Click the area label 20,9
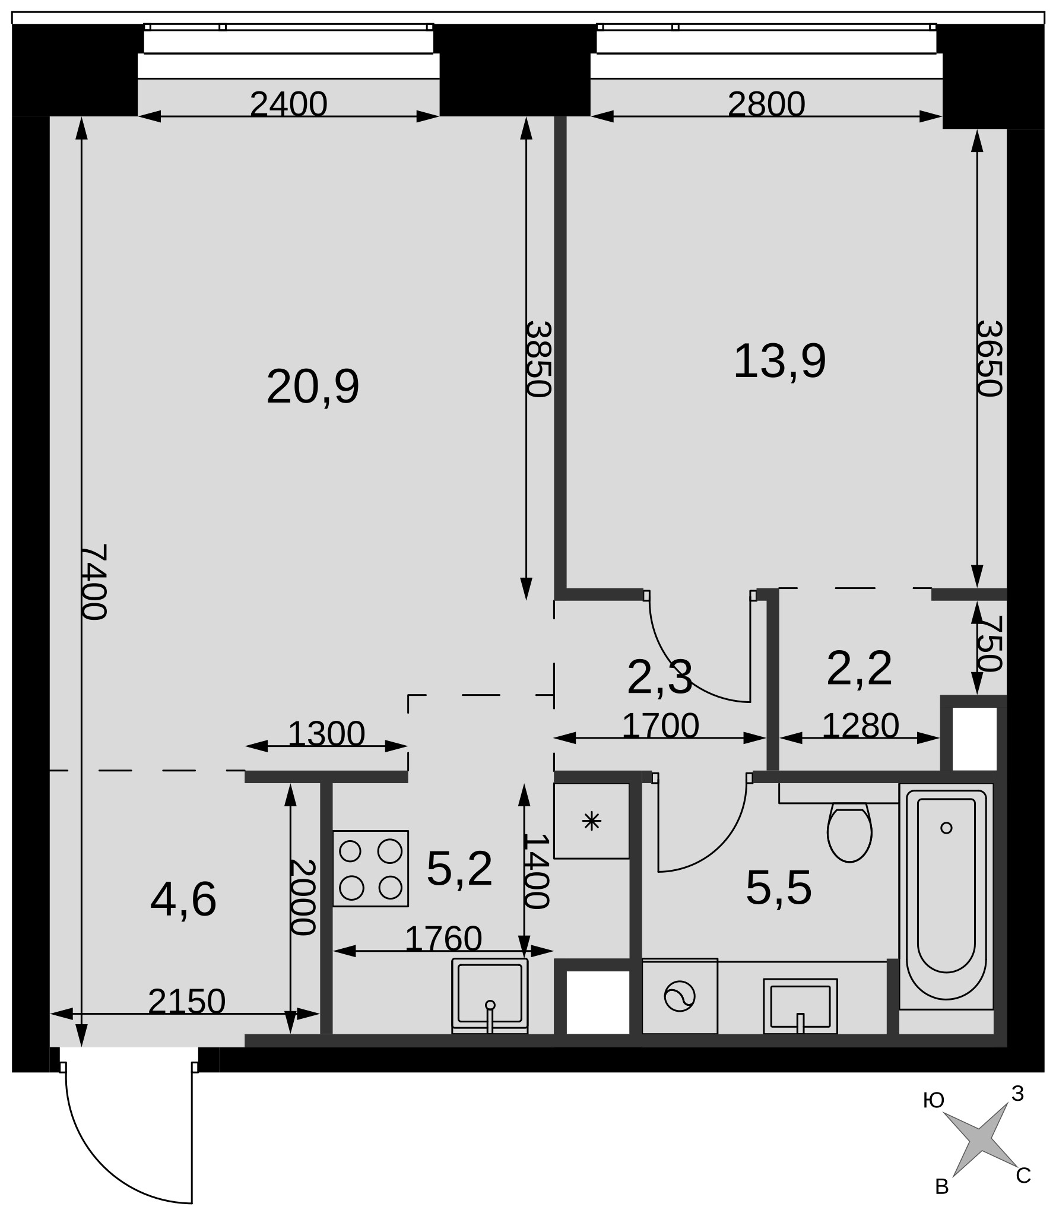[x=313, y=387]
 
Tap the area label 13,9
[x=779, y=361]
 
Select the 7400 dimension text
[x=94, y=582]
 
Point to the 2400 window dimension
[x=288, y=104]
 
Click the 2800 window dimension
[x=766, y=104]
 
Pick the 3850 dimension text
[x=539, y=359]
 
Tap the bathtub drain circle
[x=946, y=828]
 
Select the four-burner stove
[x=370, y=869]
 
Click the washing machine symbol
[x=680, y=996]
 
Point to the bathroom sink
[x=800, y=1006]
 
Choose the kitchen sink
[x=490, y=996]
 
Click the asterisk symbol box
[x=591, y=821]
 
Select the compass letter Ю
[x=934, y=1101]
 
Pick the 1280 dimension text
[x=860, y=726]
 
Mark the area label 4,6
[x=183, y=900]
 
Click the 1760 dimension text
[x=443, y=939]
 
